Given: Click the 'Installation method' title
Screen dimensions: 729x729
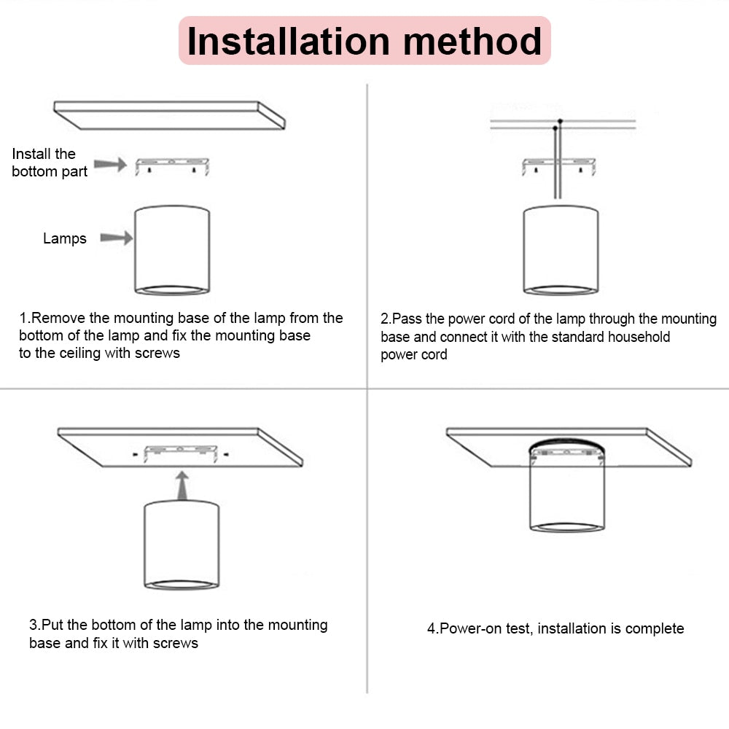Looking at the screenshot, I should [364, 41].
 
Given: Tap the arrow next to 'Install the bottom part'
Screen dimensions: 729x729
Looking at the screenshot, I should [110, 165].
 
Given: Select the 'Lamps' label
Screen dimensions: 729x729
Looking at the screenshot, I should [64, 238].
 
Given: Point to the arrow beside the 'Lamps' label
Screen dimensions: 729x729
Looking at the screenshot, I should [116, 238].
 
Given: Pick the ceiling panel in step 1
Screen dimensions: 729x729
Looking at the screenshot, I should [169, 114].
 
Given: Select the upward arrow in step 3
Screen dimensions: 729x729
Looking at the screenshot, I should [182, 485].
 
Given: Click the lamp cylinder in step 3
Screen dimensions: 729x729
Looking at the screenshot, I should [182, 543].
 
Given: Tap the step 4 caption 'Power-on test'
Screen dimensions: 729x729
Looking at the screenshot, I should [485, 628].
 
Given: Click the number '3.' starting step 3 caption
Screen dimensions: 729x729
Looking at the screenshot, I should [34, 625].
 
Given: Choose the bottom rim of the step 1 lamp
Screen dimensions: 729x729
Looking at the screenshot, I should [172, 290].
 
